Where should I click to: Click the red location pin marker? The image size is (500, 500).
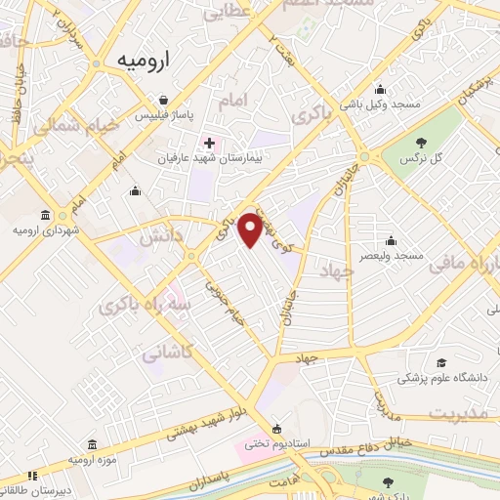[250, 229]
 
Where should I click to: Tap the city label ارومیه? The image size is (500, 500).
[142, 59]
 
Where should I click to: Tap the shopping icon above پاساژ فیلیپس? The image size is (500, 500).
[164, 99]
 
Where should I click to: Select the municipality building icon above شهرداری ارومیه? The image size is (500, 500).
[45, 215]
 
